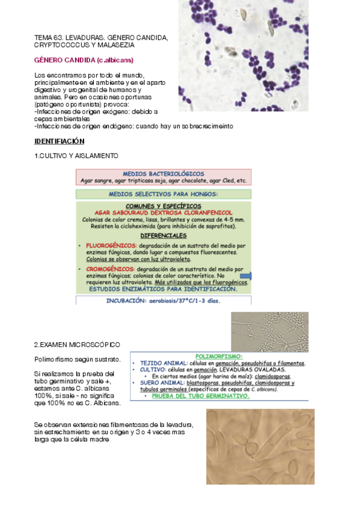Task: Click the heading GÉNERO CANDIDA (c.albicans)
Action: click(84, 60)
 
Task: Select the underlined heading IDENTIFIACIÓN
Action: click(59, 141)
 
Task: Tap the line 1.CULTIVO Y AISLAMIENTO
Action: click(76, 156)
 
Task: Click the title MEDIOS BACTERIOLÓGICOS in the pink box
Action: click(163, 174)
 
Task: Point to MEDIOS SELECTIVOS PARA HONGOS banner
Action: click(163, 194)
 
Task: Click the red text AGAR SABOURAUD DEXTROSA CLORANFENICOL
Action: click(163, 212)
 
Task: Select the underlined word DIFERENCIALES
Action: click(163, 235)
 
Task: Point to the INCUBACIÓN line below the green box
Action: click(163, 300)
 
